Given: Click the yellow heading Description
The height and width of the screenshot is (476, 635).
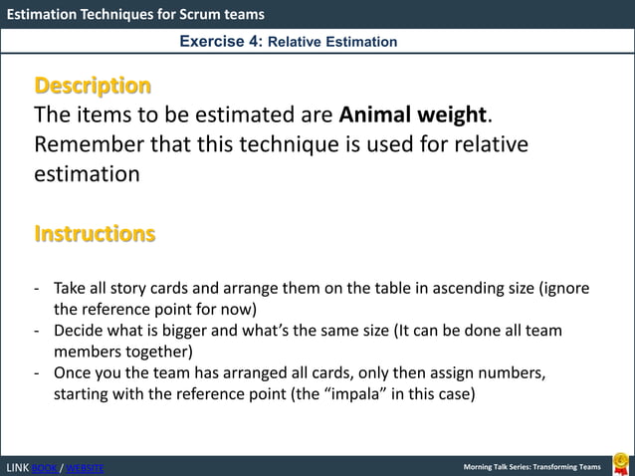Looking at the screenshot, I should (x=93, y=85).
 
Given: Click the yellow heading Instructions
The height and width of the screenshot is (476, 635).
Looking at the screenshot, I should (x=95, y=234).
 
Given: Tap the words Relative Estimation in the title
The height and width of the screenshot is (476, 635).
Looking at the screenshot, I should (x=333, y=42).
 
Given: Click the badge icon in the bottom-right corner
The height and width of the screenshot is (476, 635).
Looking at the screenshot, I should (x=620, y=463).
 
